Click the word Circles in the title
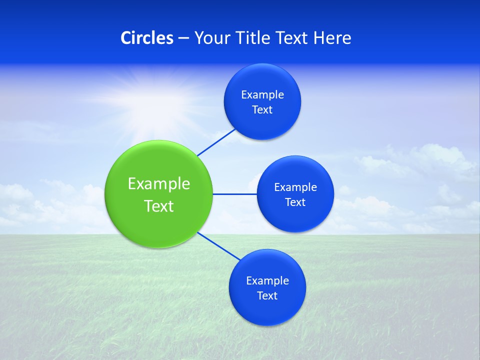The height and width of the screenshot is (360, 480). pyautogui.click(x=147, y=38)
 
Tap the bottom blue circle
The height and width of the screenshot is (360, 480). pyautogui.click(x=267, y=310)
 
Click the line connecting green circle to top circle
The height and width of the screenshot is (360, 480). pyautogui.click(x=217, y=142)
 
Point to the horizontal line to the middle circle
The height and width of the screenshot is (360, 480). pyautogui.click(x=235, y=194)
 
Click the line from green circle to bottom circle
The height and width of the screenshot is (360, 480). pyautogui.click(x=218, y=245)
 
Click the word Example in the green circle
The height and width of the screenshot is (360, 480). pyautogui.click(x=159, y=184)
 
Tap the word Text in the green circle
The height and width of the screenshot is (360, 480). pyautogui.click(x=159, y=206)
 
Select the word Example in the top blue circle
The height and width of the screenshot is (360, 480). pyautogui.click(x=262, y=95)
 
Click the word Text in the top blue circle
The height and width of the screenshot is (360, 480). pyautogui.click(x=262, y=110)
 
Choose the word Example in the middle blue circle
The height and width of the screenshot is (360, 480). pyautogui.click(x=295, y=187)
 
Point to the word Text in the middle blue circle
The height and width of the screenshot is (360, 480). pyautogui.click(x=295, y=202)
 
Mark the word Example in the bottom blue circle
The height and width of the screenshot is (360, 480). pyautogui.click(x=267, y=281)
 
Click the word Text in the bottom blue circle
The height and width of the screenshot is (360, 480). pyautogui.click(x=267, y=296)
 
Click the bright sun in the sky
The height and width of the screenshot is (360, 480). pyautogui.click(x=150, y=95)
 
